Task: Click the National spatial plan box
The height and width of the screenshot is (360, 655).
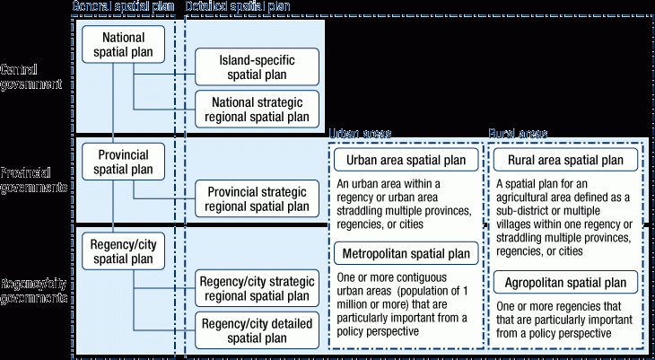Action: (123, 44)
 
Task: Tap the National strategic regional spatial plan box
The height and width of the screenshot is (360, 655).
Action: (257, 109)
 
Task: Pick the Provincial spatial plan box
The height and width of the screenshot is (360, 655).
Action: (123, 161)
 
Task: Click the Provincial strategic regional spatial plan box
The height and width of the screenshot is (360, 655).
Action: (257, 198)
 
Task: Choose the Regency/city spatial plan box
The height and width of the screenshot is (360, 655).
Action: (123, 250)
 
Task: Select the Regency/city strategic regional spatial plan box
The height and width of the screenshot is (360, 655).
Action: (257, 287)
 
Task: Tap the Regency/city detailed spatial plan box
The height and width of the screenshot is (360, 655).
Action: (257, 329)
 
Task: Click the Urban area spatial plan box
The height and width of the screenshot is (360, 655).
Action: (406, 161)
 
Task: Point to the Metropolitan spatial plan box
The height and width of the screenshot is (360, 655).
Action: (406, 253)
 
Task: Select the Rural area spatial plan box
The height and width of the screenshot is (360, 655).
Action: (565, 161)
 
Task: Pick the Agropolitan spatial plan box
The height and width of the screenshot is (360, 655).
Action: (565, 283)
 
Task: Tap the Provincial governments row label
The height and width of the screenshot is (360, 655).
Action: (34, 180)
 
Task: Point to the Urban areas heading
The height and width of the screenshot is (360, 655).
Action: (360, 133)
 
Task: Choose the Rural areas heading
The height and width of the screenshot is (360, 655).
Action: (518, 133)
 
